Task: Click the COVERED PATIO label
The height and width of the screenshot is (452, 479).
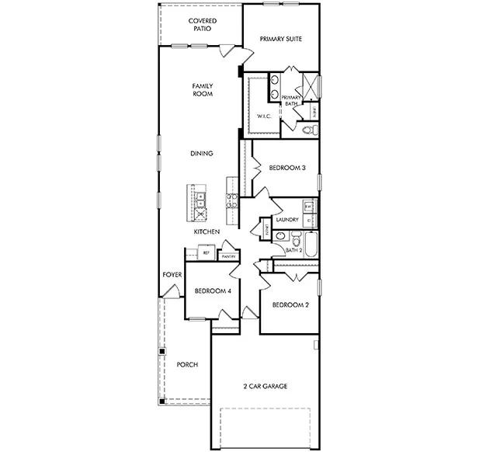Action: [x=203, y=25]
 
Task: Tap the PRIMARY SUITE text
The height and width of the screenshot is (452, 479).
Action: [x=280, y=38]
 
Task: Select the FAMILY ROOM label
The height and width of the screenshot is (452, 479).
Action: [x=203, y=89]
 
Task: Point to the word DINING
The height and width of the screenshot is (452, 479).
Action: [x=202, y=154]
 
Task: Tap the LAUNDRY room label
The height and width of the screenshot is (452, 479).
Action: [x=287, y=220]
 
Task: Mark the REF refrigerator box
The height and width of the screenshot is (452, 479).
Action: [x=207, y=253]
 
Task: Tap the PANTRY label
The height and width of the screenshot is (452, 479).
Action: [x=228, y=256]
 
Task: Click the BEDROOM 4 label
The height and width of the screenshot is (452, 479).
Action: [x=212, y=291]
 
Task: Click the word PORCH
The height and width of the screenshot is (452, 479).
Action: [x=187, y=364]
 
